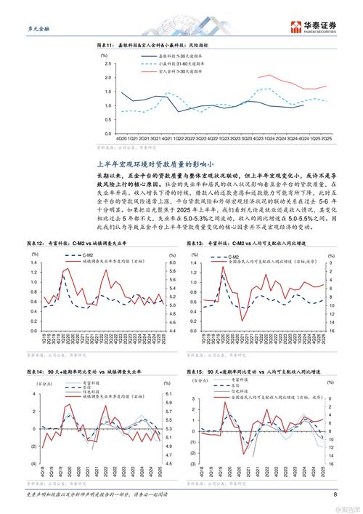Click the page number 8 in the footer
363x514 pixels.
point(335,496)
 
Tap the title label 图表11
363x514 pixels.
point(107,46)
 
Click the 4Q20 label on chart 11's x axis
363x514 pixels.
point(122,137)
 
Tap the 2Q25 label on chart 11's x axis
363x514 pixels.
point(328,137)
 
